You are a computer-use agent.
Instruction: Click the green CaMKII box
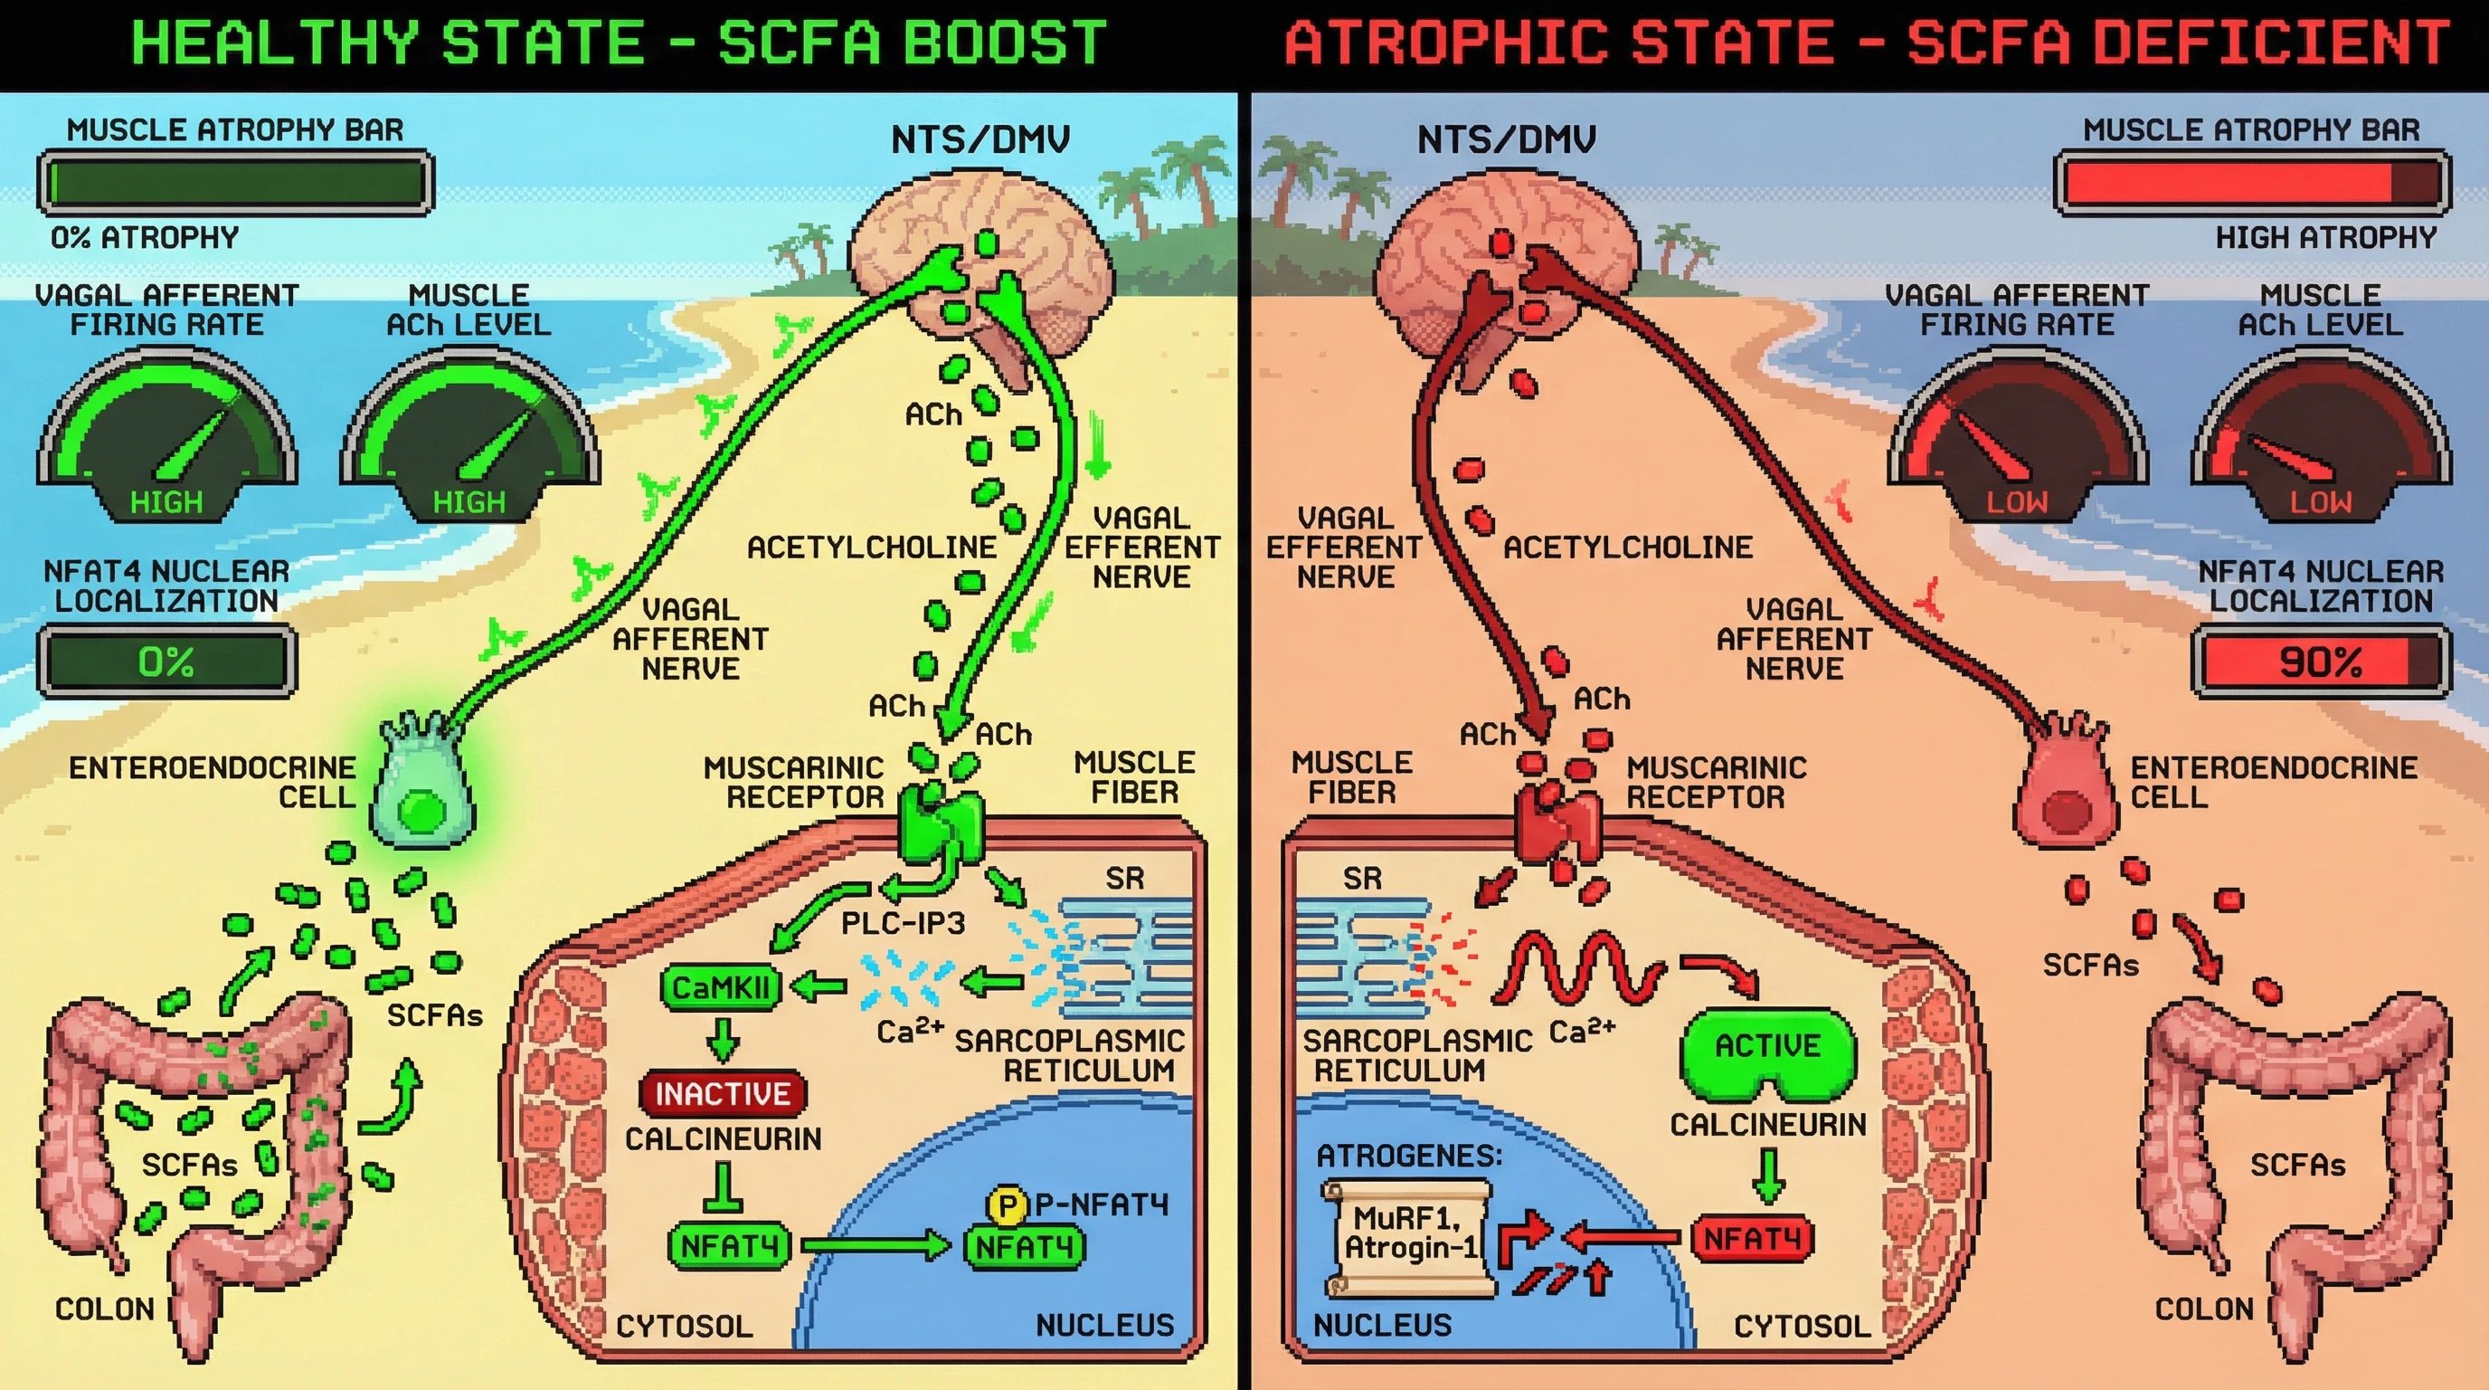(720, 987)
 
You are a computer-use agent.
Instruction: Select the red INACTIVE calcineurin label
(722, 1093)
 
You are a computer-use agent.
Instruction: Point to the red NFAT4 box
(1752, 1238)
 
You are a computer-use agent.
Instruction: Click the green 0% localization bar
(166, 662)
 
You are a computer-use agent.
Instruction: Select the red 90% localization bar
(2320, 662)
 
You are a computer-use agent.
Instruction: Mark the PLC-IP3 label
(903, 923)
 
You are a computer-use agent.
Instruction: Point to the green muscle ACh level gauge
(470, 435)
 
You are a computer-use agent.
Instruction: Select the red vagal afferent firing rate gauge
(2018, 435)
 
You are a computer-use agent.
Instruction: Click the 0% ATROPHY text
(145, 238)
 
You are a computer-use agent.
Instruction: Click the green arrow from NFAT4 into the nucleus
(875, 1245)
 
